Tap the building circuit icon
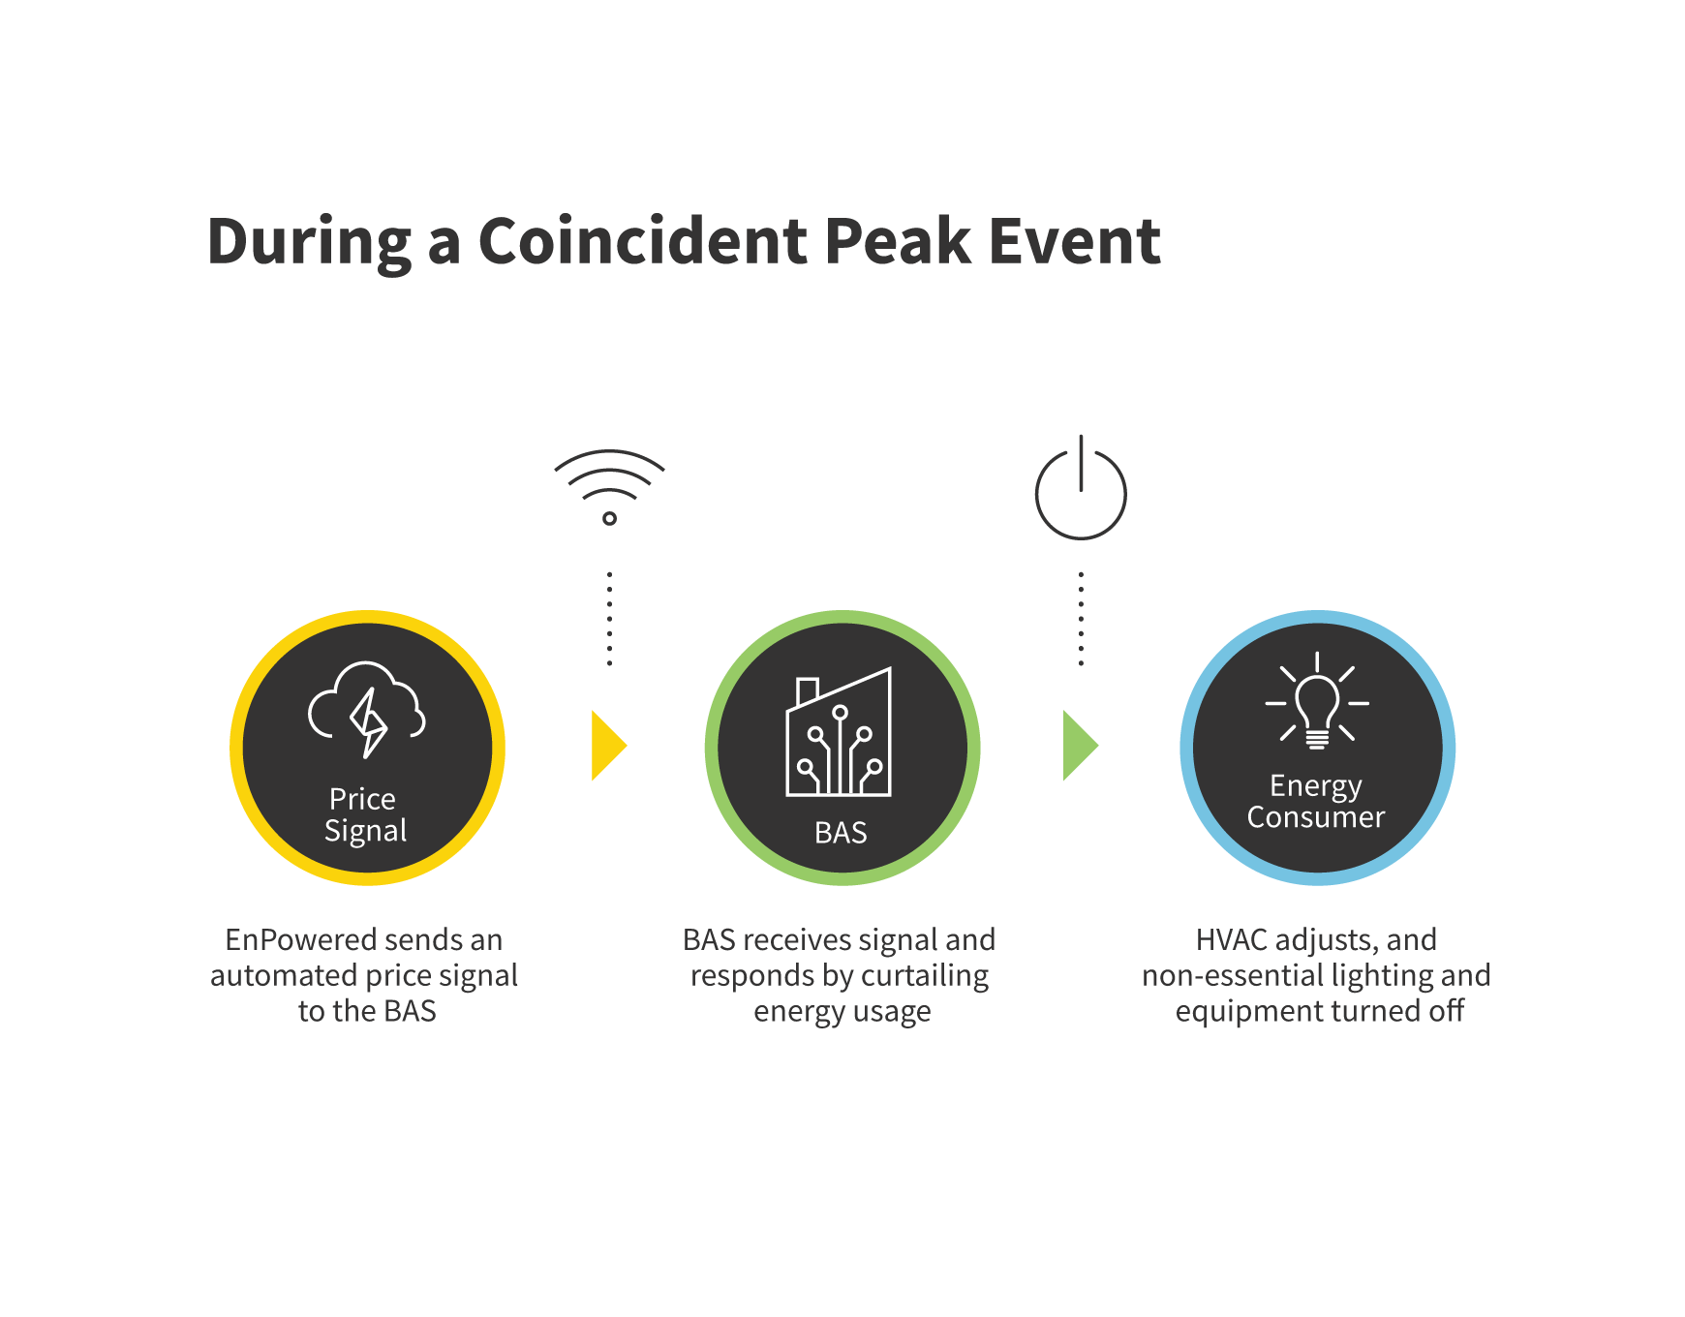[x=839, y=732]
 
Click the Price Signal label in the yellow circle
[x=365, y=815]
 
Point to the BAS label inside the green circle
[x=841, y=833]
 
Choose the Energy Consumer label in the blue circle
[x=1316, y=802]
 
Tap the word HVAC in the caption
[x=1231, y=939]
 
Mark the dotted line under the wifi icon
[x=609, y=619]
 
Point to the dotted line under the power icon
[x=1081, y=619]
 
